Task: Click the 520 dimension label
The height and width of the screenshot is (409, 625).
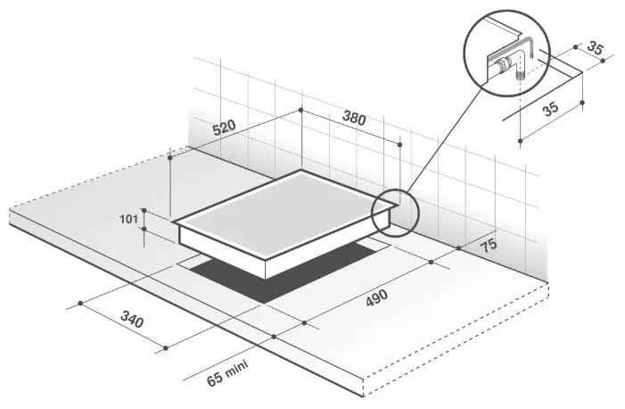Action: coord(224,128)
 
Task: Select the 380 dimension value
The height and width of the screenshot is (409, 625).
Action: coord(354,118)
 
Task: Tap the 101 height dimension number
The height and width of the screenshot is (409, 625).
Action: coord(128,219)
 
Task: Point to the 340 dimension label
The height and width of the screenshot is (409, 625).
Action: coord(132,320)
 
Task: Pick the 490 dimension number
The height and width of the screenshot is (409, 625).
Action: coord(376,298)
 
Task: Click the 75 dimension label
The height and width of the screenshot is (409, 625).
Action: coord(489,245)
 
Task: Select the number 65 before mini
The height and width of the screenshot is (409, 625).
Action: coord(215,379)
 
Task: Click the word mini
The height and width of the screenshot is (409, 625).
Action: coord(237,369)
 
